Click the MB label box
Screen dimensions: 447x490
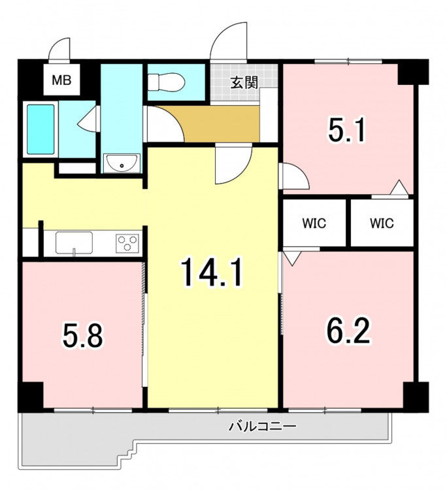[x=61, y=80]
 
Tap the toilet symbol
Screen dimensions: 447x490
[x=167, y=81]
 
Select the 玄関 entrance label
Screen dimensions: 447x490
[x=244, y=82]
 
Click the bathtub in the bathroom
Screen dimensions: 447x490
[x=41, y=129]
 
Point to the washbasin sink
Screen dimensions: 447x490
[x=122, y=163]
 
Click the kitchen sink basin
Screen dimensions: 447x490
[x=74, y=242]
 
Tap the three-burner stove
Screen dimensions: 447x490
[x=127, y=243]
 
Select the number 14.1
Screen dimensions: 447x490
[x=211, y=271]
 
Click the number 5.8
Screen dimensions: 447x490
[x=82, y=335]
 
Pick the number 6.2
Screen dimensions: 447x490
[x=348, y=331]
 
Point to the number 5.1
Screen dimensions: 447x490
[x=346, y=129]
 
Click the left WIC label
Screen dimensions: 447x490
[x=314, y=223]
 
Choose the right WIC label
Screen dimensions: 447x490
[x=382, y=223]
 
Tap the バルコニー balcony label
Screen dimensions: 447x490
[x=262, y=426]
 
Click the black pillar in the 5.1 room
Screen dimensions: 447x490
[x=413, y=72]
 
